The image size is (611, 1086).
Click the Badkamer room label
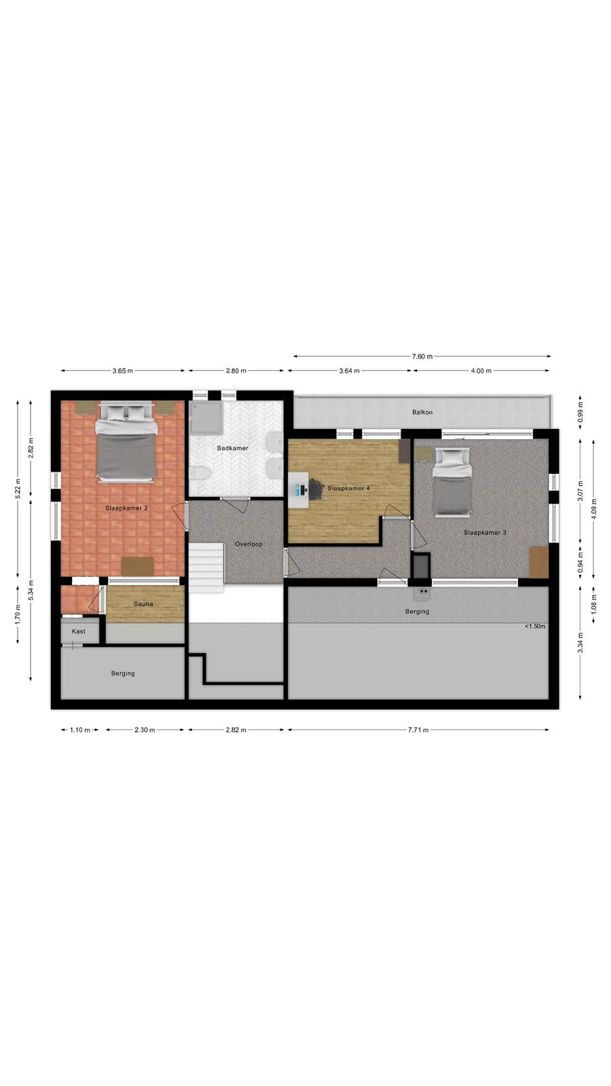[x=232, y=448]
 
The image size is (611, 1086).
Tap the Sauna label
[x=143, y=604]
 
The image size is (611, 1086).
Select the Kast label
[x=79, y=631]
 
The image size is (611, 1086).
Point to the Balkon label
[x=422, y=412]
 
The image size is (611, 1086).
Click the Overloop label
[x=248, y=544]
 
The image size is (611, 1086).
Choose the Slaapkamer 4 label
[x=349, y=488]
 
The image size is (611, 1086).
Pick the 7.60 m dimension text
[x=422, y=356]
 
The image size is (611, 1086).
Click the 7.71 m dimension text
[x=418, y=730]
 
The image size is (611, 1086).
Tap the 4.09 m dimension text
[x=595, y=508]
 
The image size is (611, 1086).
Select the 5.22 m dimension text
[x=18, y=488]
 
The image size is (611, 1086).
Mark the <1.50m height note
[x=535, y=626]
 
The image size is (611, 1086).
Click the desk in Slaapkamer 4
[x=298, y=490]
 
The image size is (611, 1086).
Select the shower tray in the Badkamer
[x=206, y=417]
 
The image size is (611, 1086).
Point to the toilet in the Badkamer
[x=200, y=472]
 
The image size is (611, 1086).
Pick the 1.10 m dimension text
[x=80, y=730]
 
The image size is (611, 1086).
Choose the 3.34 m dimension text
[x=580, y=643]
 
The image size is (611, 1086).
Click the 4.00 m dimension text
[x=481, y=371]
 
